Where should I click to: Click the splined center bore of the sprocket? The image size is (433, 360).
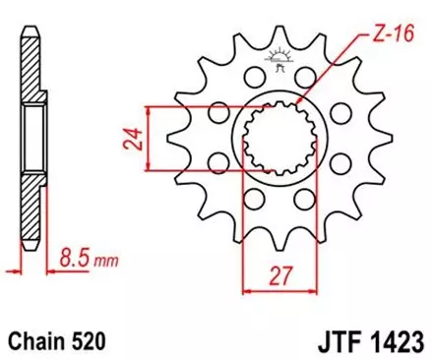coord(270,149)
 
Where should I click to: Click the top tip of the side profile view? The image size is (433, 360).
coord(27,30)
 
